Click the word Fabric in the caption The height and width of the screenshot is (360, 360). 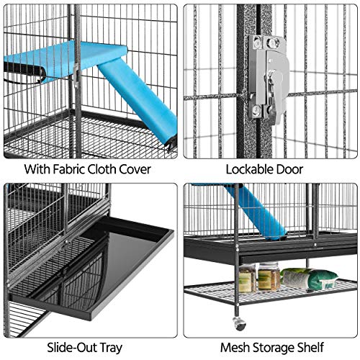click(x=70, y=170)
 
